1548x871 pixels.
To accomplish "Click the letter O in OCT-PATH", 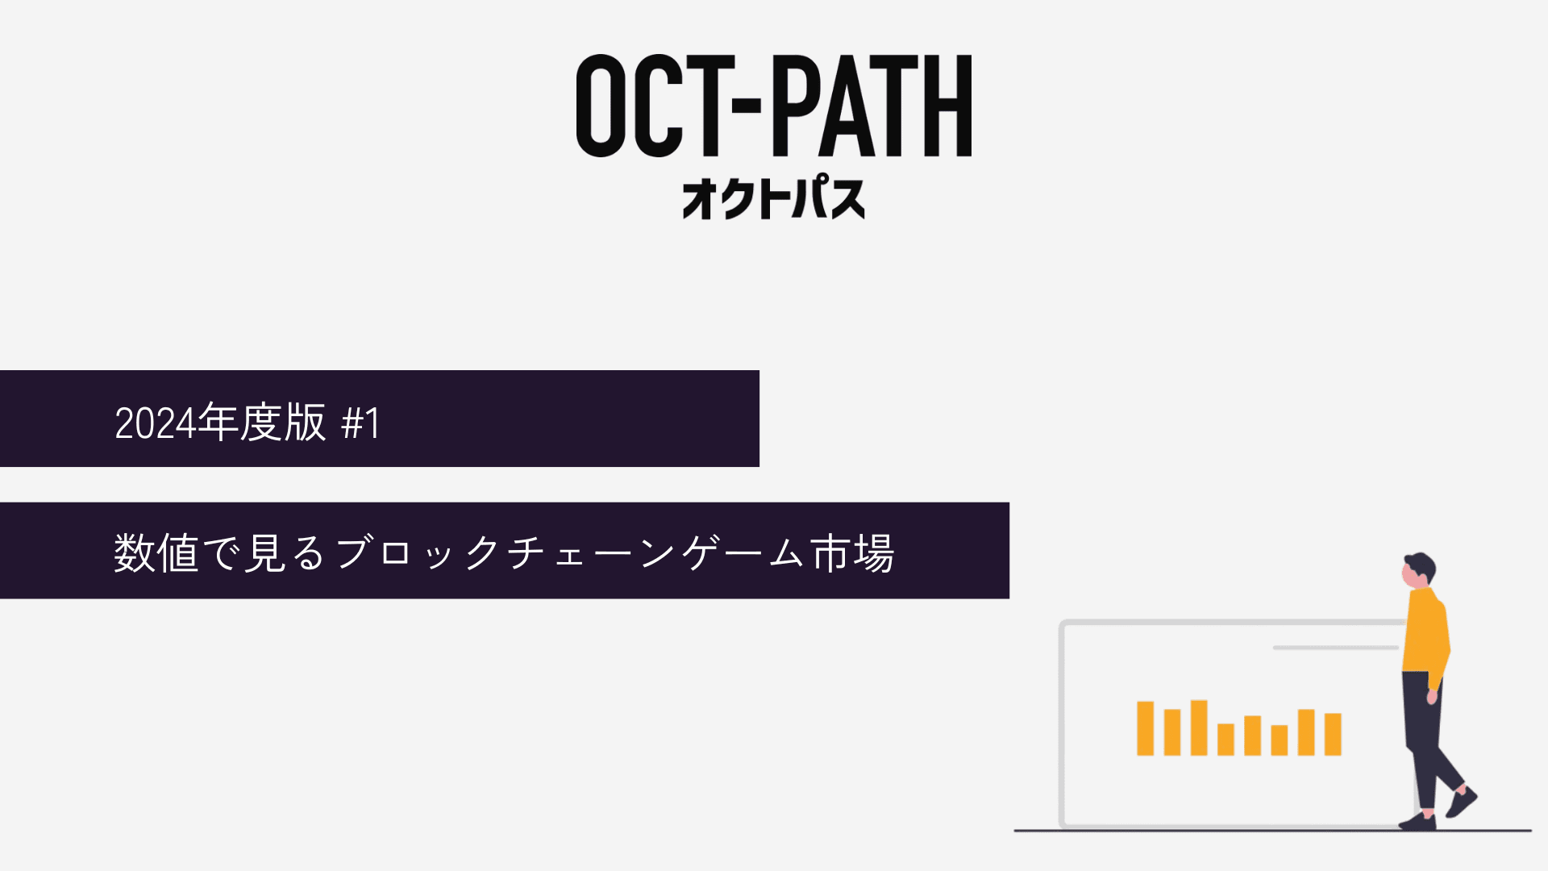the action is pyautogui.click(x=601, y=106).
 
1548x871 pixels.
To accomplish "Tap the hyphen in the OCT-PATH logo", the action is pyautogui.click(x=749, y=106).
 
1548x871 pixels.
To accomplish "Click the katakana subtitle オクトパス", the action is pyautogui.click(x=774, y=198).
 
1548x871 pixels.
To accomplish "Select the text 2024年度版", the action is pyautogui.click(x=220, y=422).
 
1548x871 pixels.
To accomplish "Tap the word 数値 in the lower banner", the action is pyautogui.click(x=156, y=553).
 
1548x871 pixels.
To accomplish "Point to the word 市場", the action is pyautogui.click(x=852, y=553).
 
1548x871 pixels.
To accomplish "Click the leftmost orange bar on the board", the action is pyautogui.click(x=1145, y=728).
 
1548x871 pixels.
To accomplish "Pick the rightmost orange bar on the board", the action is pyautogui.click(x=1333, y=734).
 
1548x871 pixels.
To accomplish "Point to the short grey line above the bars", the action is pyautogui.click(x=1335, y=648).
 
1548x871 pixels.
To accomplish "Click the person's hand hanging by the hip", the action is pyautogui.click(x=1433, y=696).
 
